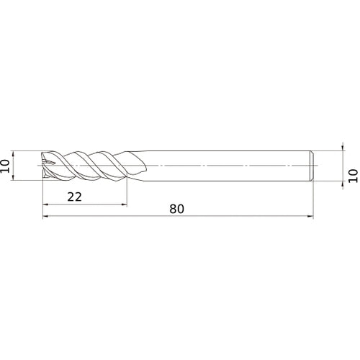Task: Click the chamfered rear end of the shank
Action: tap(313, 166)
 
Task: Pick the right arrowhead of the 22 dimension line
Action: tap(124, 204)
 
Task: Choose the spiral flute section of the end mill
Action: tap(86, 166)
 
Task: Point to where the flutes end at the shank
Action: tap(137, 166)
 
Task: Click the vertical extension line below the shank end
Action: tap(315, 198)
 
